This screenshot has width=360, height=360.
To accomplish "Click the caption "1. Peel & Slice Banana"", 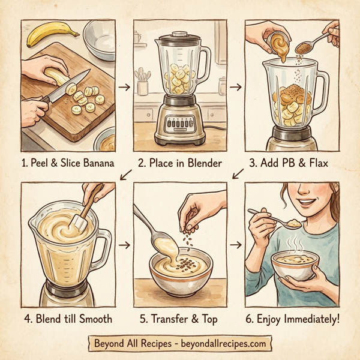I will click(x=68, y=162).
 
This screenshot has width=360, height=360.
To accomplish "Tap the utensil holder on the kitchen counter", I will click(x=143, y=87).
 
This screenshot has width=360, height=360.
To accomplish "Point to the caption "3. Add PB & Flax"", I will click(x=292, y=162).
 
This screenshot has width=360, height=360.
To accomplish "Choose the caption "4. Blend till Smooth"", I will click(x=68, y=317).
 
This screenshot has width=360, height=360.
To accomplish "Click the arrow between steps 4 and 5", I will click(x=125, y=245).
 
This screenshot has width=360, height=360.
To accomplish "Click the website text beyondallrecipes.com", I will click(x=222, y=344).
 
